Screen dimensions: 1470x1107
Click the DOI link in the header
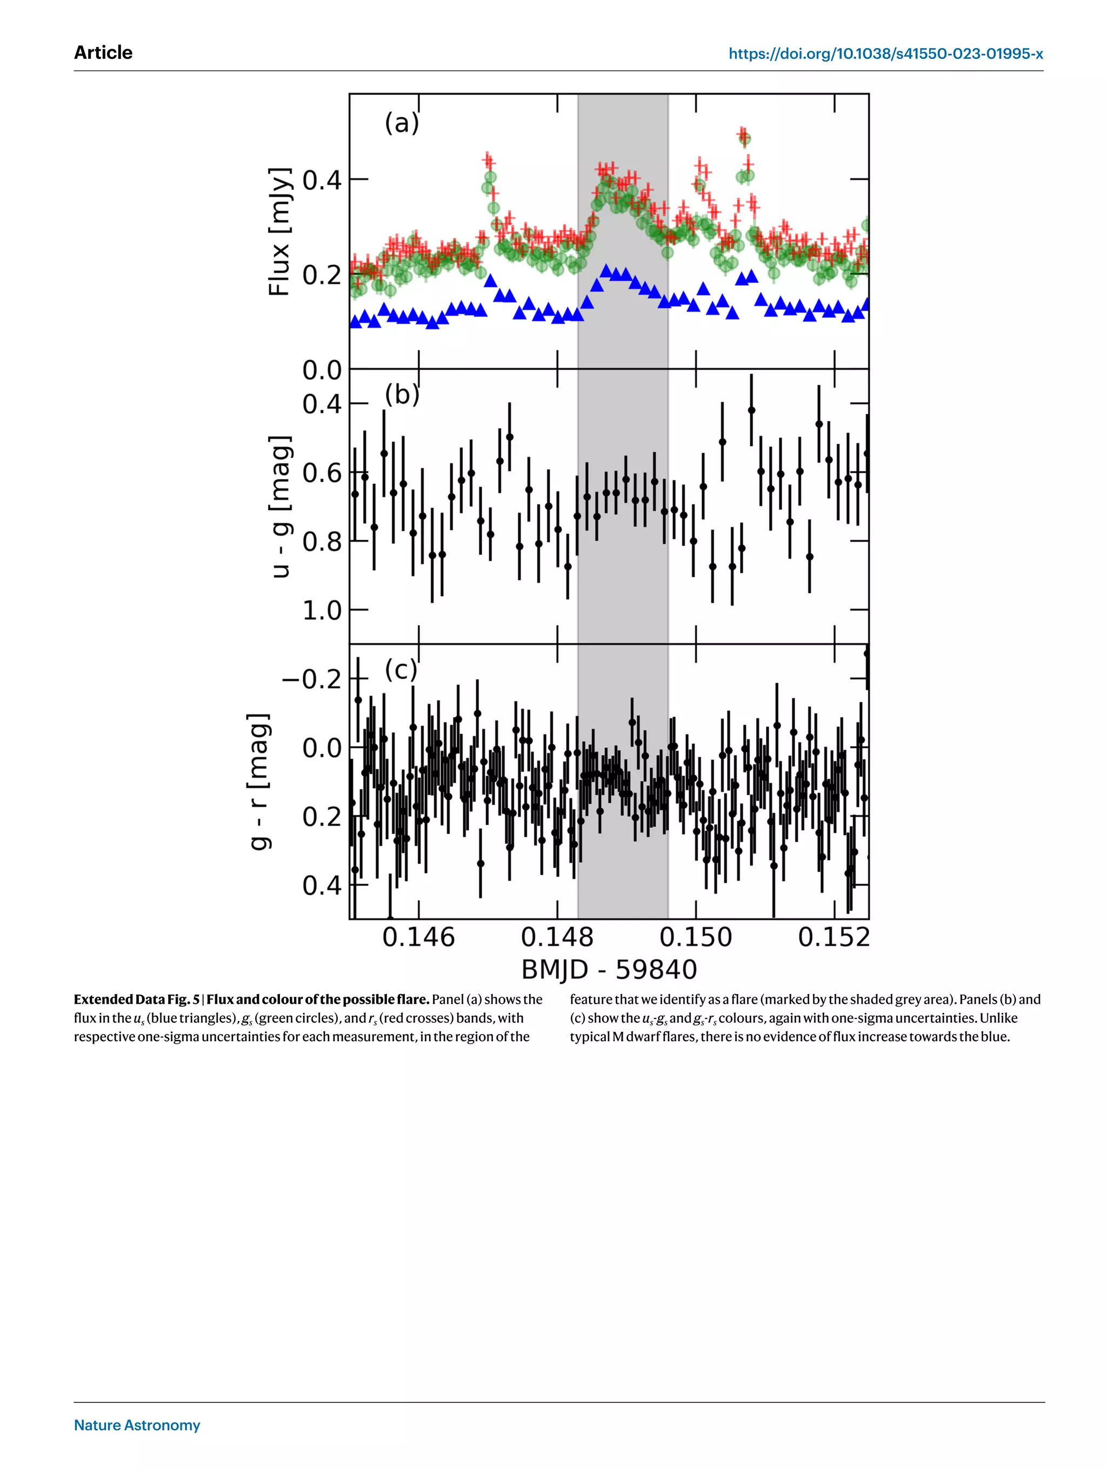pos(885,54)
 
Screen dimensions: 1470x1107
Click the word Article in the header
pos(103,52)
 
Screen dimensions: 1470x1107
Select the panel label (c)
pos(401,669)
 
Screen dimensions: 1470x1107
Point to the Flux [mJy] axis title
pos(279,231)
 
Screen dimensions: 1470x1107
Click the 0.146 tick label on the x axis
pos(418,937)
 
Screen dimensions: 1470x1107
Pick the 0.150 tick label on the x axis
pos(696,937)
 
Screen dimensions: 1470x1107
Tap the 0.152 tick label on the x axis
pos(833,937)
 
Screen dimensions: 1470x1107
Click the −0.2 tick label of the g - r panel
pos(311,679)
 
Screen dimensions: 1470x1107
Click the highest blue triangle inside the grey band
pos(606,270)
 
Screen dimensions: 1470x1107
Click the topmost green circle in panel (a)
pos(744,139)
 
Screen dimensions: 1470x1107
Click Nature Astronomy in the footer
pos(137,1425)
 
